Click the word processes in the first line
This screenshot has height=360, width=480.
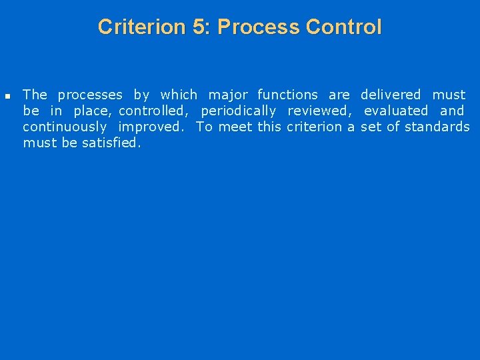click(90, 95)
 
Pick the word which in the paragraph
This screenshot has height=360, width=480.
click(179, 95)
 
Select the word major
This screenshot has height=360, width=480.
click(228, 95)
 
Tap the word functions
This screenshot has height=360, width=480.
click(287, 95)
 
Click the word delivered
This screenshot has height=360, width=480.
click(391, 95)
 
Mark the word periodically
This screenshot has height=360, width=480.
click(238, 111)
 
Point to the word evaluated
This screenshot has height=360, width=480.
click(396, 111)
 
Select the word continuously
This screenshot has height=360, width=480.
click(65, 127)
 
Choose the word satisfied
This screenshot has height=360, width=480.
click(111, 143)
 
